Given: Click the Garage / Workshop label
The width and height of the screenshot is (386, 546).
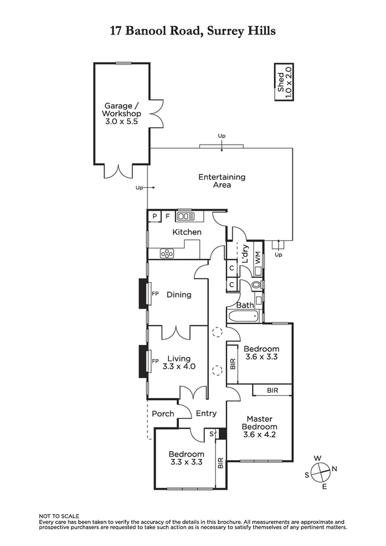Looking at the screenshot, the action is (x=121, y=114).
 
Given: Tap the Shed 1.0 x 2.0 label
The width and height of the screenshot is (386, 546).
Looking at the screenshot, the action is (x=284, y=82).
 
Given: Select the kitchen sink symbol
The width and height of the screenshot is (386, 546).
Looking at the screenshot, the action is (x=186, y=216).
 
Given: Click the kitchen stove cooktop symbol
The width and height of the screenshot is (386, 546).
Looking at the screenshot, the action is (x=167, y=254).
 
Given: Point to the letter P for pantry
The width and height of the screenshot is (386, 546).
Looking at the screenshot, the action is (x=154, y=216).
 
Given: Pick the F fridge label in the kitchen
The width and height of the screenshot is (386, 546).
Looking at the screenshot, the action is (x=168, y=216).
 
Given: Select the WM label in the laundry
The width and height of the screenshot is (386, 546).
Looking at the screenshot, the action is (x=258, y=257).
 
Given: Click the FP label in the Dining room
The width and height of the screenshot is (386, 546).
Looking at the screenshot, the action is (x=155, y=294).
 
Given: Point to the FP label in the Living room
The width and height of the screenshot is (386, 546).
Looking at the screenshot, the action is (x=155, y=361).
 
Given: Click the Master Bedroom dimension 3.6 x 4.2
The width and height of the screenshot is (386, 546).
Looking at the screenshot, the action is (x=259, y=435).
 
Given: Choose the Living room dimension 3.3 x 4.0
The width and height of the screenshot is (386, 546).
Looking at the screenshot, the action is (x=179, y=367).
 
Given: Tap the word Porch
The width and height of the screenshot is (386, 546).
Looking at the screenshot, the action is (x=163, y=414).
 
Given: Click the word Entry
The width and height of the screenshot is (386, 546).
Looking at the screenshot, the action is (x=206, y=413).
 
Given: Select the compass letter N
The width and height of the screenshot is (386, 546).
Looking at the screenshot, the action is (x=334, y=469).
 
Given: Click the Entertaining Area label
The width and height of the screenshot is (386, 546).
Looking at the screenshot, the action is (x=222, y=181).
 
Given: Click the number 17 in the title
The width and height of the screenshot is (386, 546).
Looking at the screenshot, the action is (x=116, y=31).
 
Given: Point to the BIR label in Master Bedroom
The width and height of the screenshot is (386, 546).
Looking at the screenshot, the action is (x=272, y=390).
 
